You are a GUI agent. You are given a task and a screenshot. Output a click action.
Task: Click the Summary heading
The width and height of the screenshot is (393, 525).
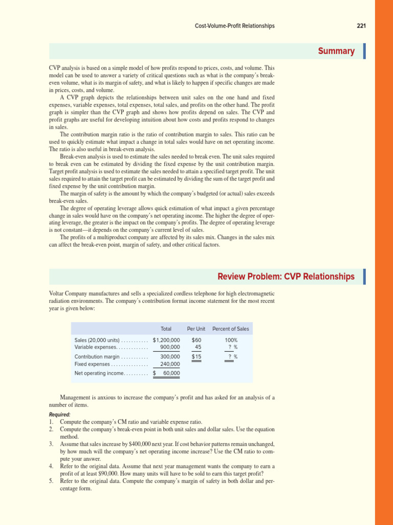[x=336, y=51]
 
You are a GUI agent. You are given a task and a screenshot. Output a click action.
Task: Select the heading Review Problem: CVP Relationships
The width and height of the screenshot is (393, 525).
[x=286, y=277]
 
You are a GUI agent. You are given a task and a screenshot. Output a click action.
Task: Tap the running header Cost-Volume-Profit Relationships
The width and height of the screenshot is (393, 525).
[x=234, y=26]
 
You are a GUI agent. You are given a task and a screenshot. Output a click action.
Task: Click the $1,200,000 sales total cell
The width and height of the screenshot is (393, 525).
[x=166, y=340]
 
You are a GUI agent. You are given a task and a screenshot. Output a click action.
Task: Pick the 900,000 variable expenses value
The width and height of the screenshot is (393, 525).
[x=170, y=347]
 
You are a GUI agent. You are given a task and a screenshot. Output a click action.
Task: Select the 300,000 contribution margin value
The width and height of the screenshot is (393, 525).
[x=170, y=357]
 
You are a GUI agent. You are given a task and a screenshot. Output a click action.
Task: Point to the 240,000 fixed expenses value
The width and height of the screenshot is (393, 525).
[x=170, y=364]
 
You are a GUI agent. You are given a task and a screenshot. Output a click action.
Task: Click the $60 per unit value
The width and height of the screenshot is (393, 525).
[x=196, y=340]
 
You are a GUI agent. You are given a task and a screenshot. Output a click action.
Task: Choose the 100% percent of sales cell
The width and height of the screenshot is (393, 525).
[x=231, y=340]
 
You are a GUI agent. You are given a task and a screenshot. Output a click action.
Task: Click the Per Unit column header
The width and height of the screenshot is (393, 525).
[x=196, y=329]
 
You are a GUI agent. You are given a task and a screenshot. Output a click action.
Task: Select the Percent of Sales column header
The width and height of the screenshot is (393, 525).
[x=231, y=329]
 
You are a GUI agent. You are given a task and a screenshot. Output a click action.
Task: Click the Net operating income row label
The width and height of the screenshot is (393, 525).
[x=99, y=373]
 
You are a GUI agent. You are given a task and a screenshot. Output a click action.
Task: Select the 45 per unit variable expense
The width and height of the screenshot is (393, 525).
[x=198, y=347]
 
